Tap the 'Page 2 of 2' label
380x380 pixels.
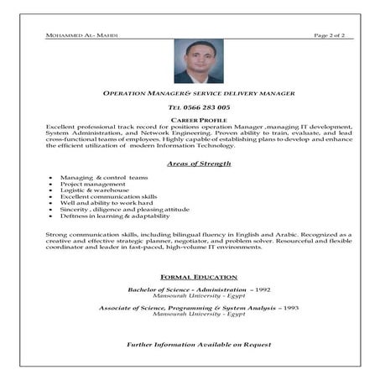point(333,36)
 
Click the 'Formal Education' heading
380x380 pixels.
point(199,277)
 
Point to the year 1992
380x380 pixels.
point(261,289)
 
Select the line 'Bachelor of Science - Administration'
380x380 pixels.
point(188,289)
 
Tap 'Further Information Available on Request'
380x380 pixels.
point(199,345)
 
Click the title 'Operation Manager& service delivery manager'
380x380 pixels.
point(199,94)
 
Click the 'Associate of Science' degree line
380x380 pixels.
point(189,308)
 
